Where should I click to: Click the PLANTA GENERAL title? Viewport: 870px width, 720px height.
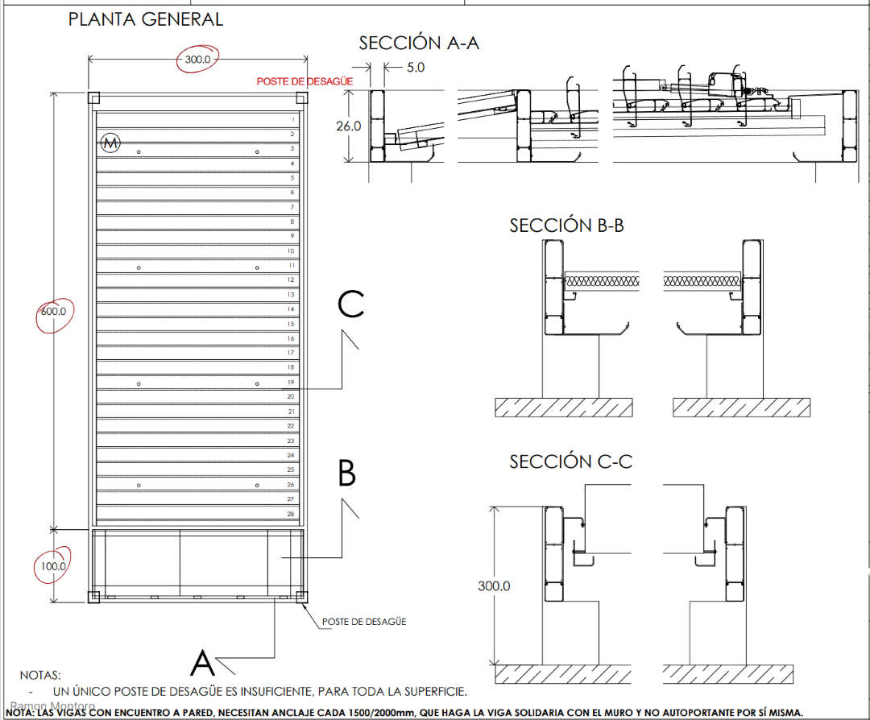[145, 19]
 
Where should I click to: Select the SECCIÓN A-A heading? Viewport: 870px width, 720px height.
[419, 43]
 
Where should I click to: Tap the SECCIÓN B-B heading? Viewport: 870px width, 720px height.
[566, 226]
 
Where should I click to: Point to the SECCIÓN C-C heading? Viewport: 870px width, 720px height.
[570, 461]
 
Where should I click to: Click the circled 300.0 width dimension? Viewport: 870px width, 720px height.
[197, 60]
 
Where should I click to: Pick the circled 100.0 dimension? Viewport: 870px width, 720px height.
[53, 566]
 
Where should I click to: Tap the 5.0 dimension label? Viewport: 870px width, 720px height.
[416, 68]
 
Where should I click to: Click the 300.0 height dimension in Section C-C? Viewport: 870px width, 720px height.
[493, 586]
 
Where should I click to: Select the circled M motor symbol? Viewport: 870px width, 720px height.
[110, 143]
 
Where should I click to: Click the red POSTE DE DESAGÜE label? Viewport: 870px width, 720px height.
[304, 81]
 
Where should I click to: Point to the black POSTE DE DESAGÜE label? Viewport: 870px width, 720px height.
[364, 622]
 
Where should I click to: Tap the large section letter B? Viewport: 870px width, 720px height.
[346, 474]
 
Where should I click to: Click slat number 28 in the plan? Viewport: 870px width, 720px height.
[291, 514]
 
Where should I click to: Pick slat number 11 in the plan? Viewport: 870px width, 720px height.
[291, 265]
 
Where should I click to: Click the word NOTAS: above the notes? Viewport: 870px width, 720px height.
[40, 675]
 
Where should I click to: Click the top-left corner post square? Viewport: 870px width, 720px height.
[93, 98]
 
